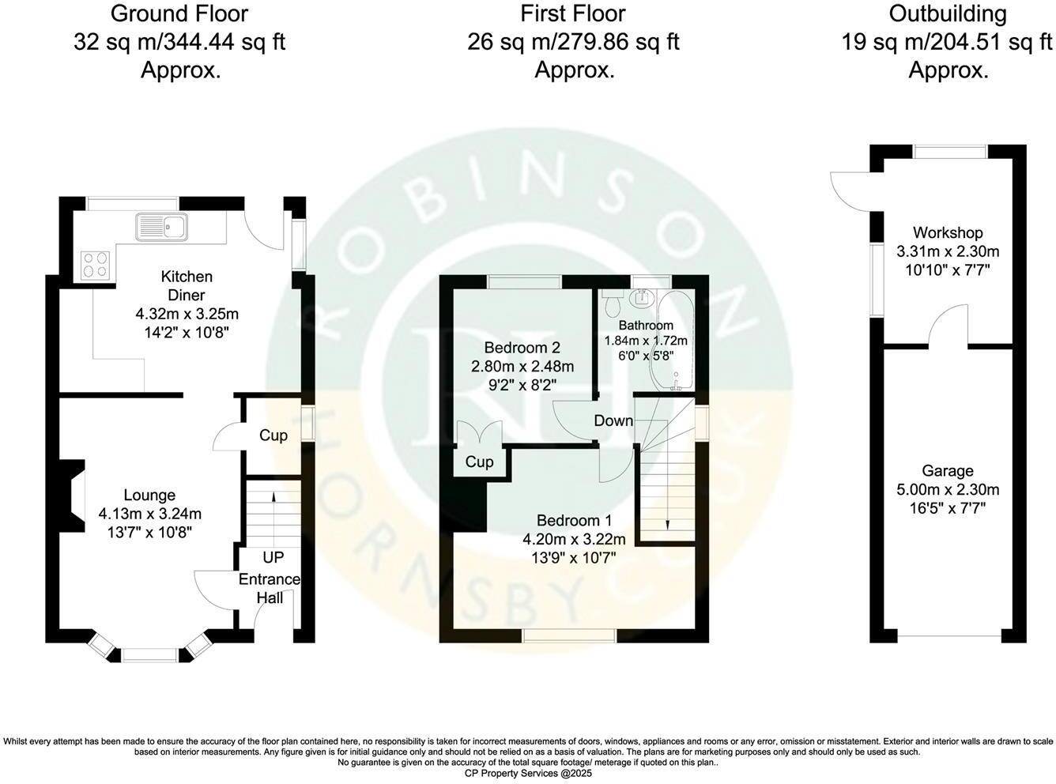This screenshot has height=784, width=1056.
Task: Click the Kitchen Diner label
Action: coord(187,286)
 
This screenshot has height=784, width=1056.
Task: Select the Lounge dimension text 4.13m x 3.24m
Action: coord(149,514)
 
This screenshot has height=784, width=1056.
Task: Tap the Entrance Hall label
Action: coord(270,588)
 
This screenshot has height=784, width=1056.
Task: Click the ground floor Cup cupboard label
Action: coord(273,435)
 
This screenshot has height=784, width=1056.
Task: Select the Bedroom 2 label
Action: coord(522,348)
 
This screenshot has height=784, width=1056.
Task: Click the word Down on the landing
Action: coord(613,420)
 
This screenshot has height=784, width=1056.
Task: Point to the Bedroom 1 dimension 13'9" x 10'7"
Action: coord(574,558)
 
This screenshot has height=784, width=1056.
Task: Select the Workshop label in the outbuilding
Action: coord(948,232)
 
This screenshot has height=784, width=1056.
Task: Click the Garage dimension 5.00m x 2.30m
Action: coord(948,489)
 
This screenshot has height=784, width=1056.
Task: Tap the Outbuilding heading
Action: coord(947,13)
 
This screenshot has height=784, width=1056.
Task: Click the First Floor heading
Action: coord(573,13)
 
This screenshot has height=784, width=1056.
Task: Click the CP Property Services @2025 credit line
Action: coord(528,773)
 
